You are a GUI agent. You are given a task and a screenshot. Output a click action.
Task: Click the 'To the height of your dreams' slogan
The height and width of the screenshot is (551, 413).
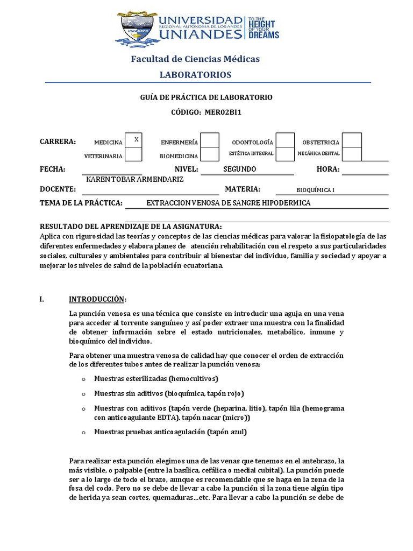(263, 27)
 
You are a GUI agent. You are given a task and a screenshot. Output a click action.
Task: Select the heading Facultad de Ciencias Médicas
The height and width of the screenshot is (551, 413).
(195, 59)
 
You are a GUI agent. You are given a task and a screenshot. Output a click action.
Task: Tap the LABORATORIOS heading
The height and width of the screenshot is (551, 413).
(195, 74)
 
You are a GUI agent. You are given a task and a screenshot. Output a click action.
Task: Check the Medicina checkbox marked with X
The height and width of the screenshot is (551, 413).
(133, 140)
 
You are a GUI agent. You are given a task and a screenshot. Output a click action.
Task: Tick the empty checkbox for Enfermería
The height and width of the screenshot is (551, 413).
(210, 140)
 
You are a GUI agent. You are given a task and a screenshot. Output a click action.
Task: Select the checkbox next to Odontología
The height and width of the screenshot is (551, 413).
(285, 140)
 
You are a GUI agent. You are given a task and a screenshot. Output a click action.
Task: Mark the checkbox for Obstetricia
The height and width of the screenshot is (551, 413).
(352, 140)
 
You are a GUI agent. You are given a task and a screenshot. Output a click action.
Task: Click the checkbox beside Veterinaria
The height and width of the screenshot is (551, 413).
(133, 154)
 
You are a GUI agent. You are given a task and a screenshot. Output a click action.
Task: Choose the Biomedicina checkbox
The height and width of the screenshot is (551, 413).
(210, 154)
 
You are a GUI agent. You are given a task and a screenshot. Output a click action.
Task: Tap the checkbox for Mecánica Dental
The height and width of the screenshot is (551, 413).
(352, 154)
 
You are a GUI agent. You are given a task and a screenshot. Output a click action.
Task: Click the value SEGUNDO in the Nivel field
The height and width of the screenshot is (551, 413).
(239, 169)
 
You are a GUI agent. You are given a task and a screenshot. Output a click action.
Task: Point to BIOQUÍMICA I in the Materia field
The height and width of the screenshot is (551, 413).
(315, 190)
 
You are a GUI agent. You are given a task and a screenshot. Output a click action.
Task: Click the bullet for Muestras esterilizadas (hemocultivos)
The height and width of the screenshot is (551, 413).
(83, 379)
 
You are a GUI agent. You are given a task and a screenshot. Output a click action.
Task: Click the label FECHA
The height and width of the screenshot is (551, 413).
(53, 169)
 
